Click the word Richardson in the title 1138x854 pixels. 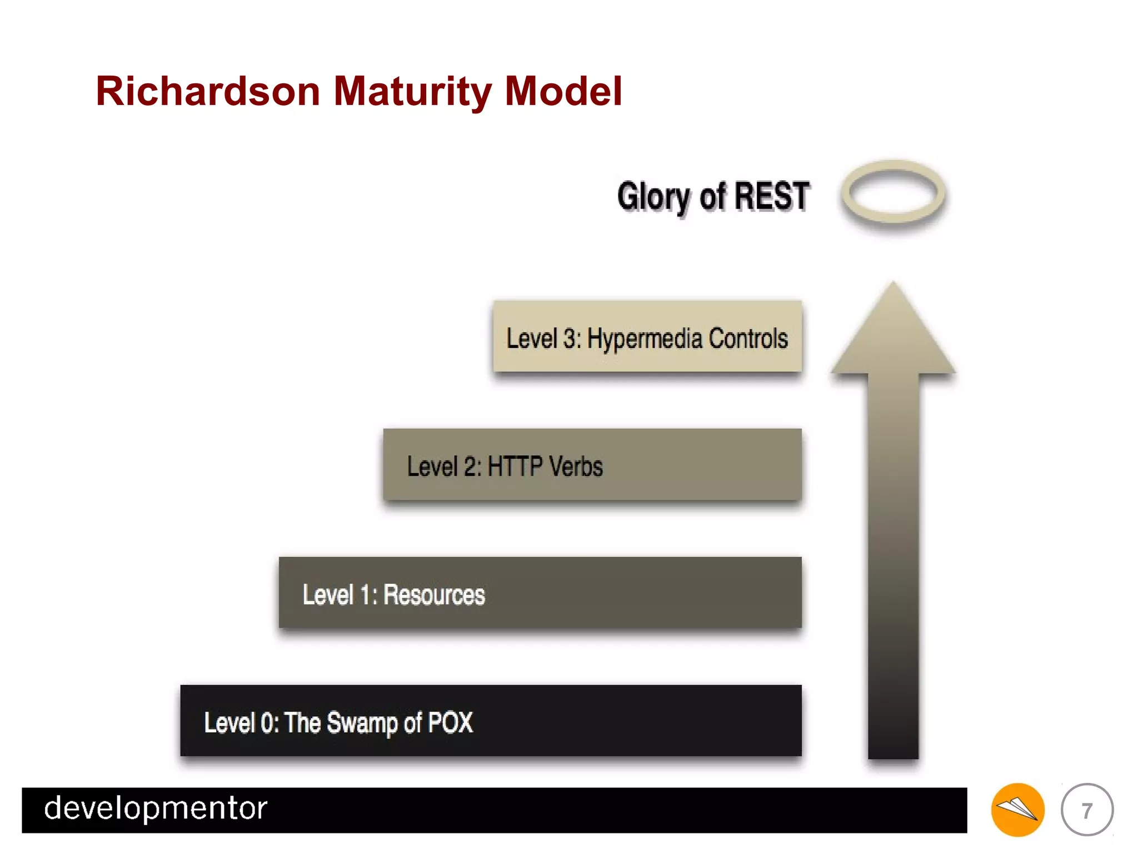pyautogui.click(x=208, y=91)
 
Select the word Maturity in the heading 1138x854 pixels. pyautogui.click(x=412, y=92)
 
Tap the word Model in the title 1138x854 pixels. pyautogui.click(x=563, y=91)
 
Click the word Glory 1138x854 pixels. pyautogui.click(x=654, y=197)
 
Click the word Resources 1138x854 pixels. pyautogui.click(x=434, y=594)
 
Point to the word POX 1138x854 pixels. pyautogui.click(x=450, y=723)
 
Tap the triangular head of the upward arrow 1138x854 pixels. pyautogui.click(x=893, y=334)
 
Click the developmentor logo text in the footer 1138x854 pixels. pyautogui.click(x=156, y=808)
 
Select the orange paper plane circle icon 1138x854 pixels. pyautogui.click(x=1017, y=810)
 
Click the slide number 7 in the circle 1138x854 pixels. pyautogui.click(x=1087, y=810)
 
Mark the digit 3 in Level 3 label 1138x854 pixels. pyautogui.click(x=570, y=339)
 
